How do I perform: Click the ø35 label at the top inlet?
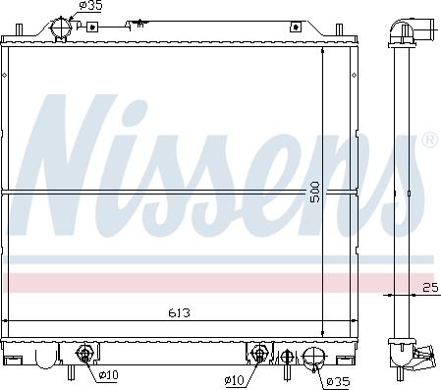click(91, 5)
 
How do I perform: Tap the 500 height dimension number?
click(314, 192)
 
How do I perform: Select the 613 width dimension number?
click(179, 313)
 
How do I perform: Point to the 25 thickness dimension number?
click(430, 288)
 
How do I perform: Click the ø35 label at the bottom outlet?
click(339, 381)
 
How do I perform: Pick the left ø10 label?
click(108, 374)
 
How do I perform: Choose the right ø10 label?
click(235, 380)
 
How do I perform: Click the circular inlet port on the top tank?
click(60, 28)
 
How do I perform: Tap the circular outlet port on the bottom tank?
click(313, 358)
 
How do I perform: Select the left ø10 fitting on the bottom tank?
click(84, 354)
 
